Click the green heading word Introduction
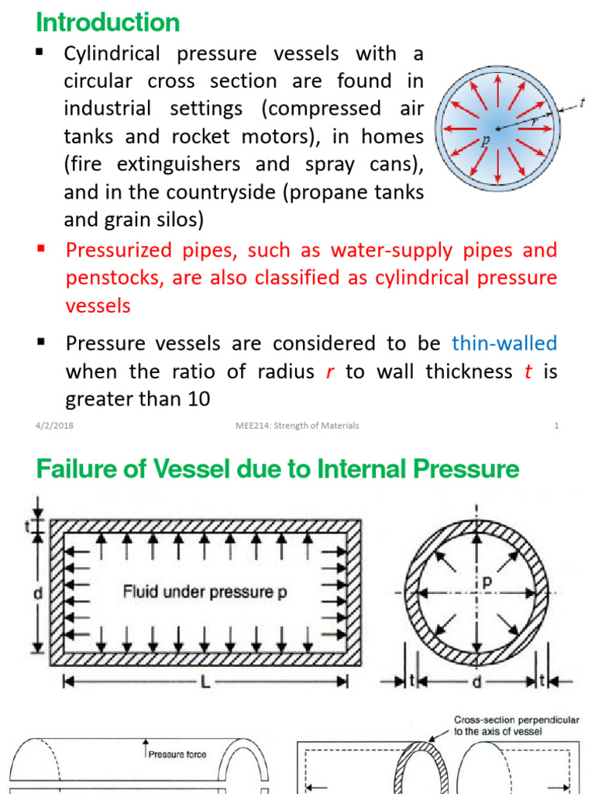pos(108,22)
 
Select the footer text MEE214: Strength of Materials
pos(297,426)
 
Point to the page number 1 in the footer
pos(556,426)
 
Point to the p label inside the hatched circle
pos(490,579)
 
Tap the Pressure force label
pos(177,754)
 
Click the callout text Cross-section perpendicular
pos(516,720)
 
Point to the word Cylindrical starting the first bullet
pos(112,54)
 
